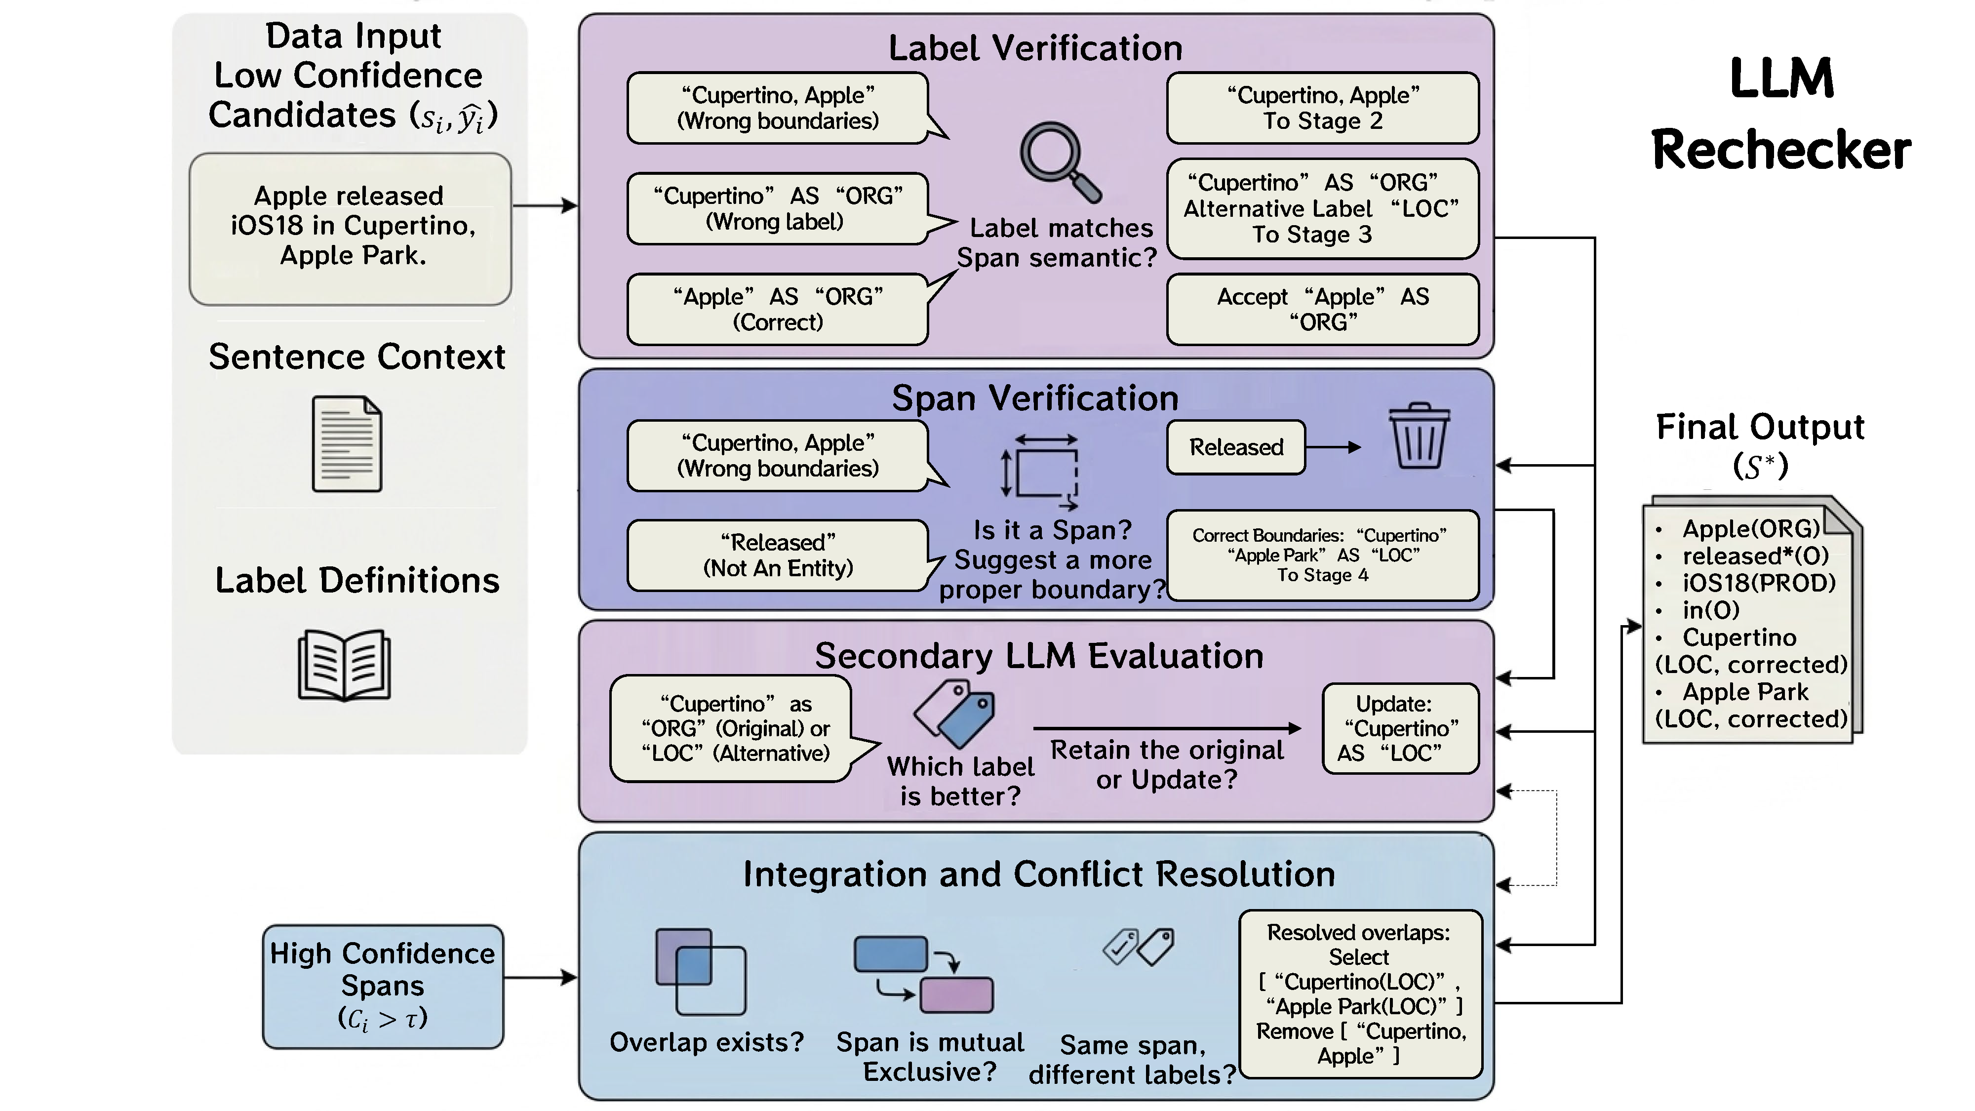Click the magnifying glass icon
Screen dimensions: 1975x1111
pos(1059,161)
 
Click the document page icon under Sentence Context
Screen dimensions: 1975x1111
pos(347,444)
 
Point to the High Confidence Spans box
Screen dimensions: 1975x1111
pos(383,986)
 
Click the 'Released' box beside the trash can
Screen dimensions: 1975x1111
pos(1236,447)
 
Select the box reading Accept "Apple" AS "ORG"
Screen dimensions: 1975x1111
pos(1323,309)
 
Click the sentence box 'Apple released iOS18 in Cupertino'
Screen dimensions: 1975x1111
pos(351,229)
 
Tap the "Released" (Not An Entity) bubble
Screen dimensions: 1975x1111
pos(778,555)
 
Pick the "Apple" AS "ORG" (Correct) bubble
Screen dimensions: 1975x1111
pos(778,309)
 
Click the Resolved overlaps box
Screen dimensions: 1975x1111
pos(1361,993)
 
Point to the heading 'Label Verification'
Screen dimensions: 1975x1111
pos(1035,48)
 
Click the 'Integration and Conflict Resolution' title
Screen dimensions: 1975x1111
pos(1039,874)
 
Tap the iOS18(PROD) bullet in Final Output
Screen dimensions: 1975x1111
pos(1758,583)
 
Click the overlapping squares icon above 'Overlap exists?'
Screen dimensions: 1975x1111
pos(701,971)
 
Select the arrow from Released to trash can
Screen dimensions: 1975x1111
pos(1333,447)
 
